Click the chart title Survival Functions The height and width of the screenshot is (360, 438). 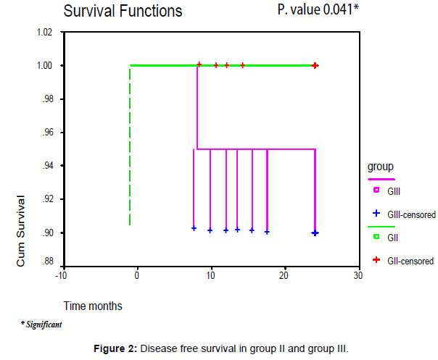123,12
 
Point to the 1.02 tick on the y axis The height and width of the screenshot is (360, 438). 44,33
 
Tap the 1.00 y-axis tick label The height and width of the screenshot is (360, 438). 44,66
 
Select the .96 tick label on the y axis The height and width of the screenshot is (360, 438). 46,133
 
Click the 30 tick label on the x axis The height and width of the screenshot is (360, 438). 358,275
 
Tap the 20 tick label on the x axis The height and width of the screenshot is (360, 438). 284,275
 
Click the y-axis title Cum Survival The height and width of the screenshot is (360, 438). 21,230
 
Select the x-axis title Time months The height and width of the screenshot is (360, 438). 92,306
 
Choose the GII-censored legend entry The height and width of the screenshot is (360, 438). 408,261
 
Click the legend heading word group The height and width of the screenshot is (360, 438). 381,167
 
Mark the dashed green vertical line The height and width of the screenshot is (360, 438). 130,145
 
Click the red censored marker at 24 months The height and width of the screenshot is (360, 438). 315,65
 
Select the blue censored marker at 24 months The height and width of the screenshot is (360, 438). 315,233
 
